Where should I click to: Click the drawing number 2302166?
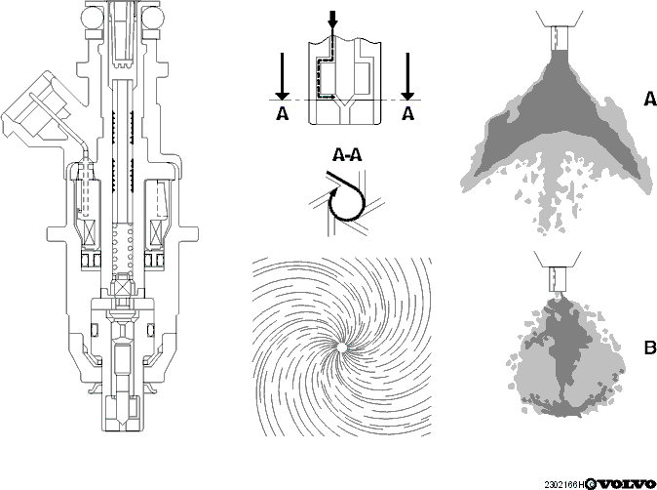coord(561,484)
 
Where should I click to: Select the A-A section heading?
coord(347,155)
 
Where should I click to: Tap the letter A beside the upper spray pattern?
coord(650,99)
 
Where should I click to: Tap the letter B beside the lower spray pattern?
coord(650,347)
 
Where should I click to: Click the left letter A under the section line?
coord(283,113)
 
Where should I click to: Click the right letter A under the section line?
coord(407,113)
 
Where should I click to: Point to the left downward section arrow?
coord(283,76)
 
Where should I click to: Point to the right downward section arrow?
coord(407,76)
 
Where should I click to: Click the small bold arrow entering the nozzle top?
coord(332,20)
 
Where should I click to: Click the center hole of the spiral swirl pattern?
coord(341,347)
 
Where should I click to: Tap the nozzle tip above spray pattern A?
coord(559,39)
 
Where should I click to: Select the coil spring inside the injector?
coord(123,248)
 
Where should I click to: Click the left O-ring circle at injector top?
coord(92,18)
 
